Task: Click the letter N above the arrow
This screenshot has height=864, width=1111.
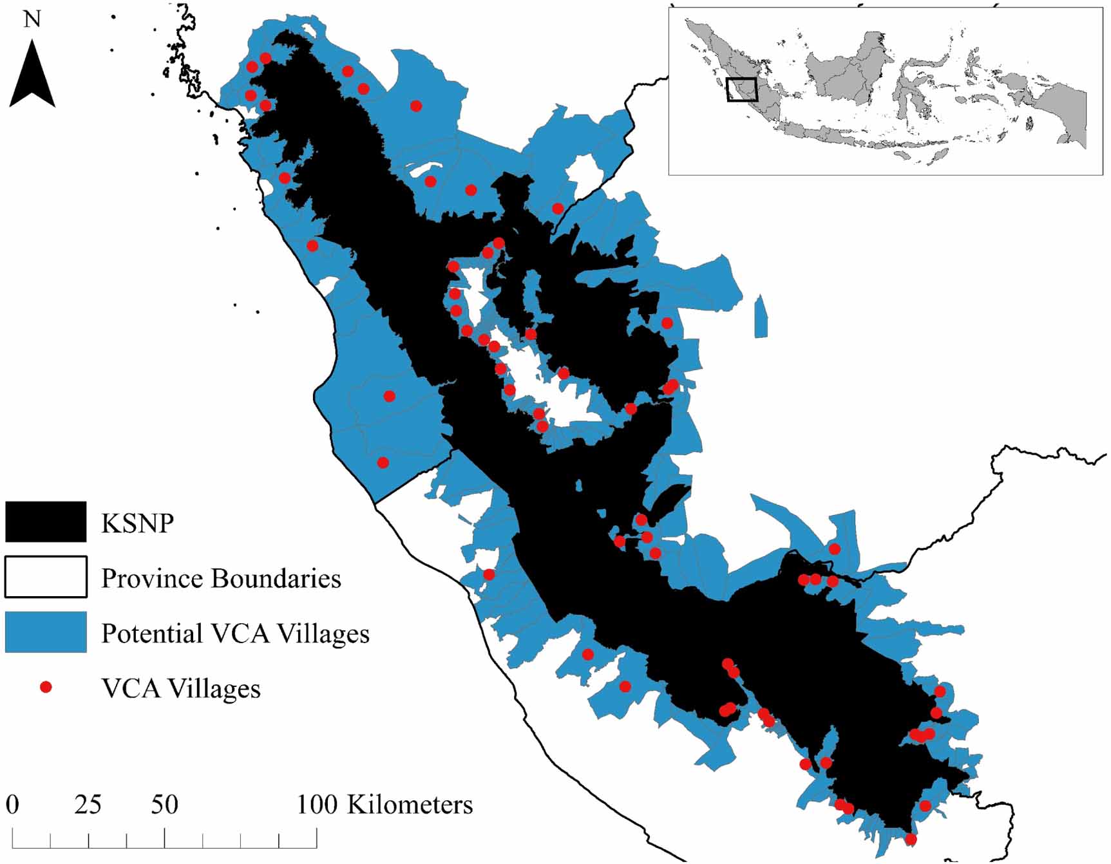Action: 32,19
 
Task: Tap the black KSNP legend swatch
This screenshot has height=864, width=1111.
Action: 46,521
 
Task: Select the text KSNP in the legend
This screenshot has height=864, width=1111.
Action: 137,523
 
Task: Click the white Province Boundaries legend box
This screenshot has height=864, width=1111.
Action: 46,578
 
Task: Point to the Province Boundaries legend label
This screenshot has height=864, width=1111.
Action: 221,579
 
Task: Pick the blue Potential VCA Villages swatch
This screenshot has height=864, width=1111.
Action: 46,632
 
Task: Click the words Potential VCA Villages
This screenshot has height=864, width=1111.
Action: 235,634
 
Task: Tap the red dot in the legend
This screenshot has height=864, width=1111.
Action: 46,688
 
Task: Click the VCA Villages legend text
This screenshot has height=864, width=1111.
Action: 181,689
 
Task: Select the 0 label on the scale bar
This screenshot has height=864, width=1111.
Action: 13,805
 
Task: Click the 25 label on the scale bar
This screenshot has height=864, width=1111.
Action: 88,805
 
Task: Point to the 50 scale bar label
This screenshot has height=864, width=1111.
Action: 164,805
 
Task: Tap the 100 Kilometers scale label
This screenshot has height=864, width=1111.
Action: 385,805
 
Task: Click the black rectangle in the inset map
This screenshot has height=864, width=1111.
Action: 742,89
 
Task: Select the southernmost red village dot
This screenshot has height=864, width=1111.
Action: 911,840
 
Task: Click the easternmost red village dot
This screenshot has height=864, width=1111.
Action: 940,691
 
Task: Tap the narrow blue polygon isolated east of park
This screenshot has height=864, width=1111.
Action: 761,317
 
